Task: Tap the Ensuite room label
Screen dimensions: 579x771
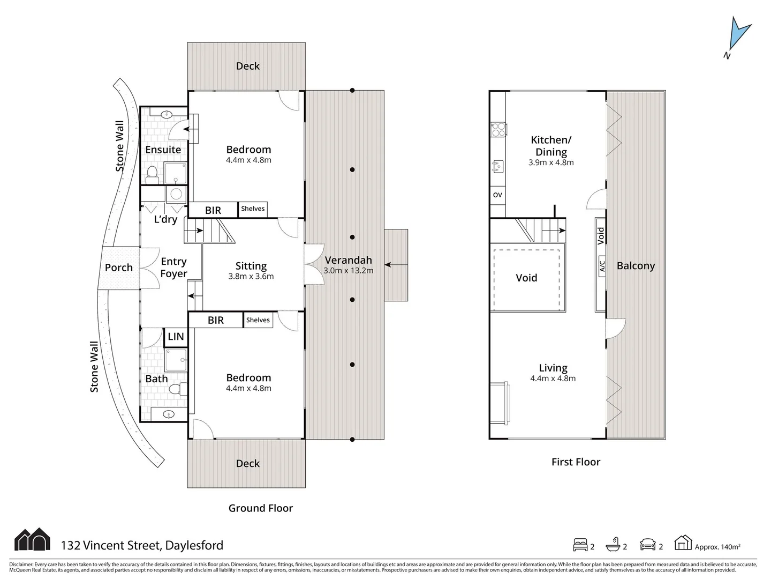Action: (163, 150)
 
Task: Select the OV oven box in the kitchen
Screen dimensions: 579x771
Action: (497, 195)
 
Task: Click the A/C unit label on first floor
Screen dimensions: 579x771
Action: (602, 266)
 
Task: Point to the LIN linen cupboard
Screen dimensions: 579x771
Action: (176, 337)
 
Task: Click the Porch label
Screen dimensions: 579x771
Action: (118, 268)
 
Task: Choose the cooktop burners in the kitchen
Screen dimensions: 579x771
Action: (498, 130)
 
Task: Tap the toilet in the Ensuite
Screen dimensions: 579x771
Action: (153, 173)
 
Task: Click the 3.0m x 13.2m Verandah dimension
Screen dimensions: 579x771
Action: (348, 271)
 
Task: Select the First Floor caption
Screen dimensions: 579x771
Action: (576, 462)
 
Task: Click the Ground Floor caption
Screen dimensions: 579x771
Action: (260, 508)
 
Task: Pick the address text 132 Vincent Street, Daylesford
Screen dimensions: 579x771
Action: (142, 545)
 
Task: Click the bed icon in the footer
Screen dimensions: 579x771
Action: (580, 545)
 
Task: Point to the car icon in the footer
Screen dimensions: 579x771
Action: (648, 545)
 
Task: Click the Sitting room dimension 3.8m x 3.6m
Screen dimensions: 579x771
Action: (251, 277)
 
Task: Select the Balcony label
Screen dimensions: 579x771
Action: (636, 266)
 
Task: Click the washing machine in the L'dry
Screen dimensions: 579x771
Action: (176, 194)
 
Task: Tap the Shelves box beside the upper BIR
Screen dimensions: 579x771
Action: (253, 209)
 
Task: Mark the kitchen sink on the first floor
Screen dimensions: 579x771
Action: (497, 167)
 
